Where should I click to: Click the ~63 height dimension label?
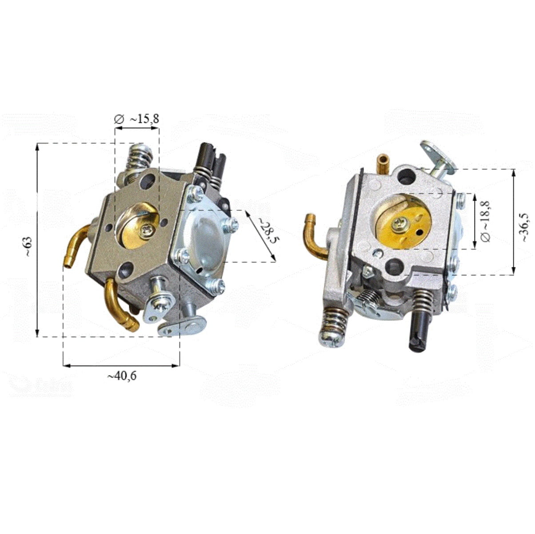(28, 247)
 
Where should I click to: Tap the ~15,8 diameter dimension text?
(144, 119)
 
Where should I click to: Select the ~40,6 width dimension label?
(122, 376)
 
